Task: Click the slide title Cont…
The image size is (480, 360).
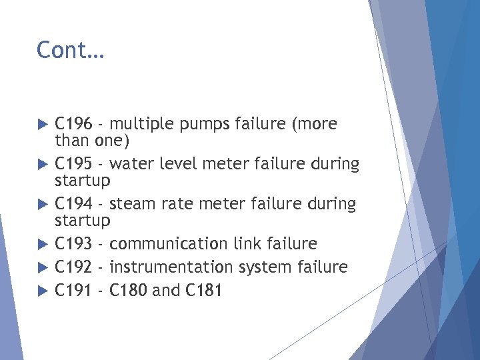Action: click(70, 50)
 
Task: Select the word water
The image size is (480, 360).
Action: click(131, 164)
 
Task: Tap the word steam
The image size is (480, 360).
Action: click(132, 204)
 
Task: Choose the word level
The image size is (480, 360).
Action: click(179, 164)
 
